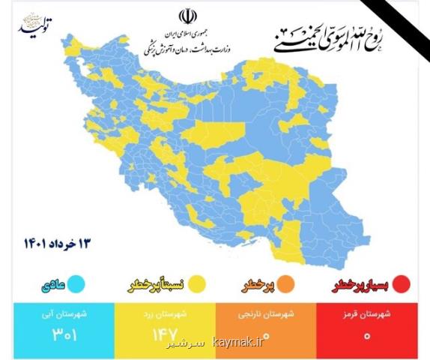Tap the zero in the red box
(x=367, y=334)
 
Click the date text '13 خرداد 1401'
(x=55, y=244)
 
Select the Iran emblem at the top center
(x=185, y=16)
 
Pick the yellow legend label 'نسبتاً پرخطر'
(x=159, y=285)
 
